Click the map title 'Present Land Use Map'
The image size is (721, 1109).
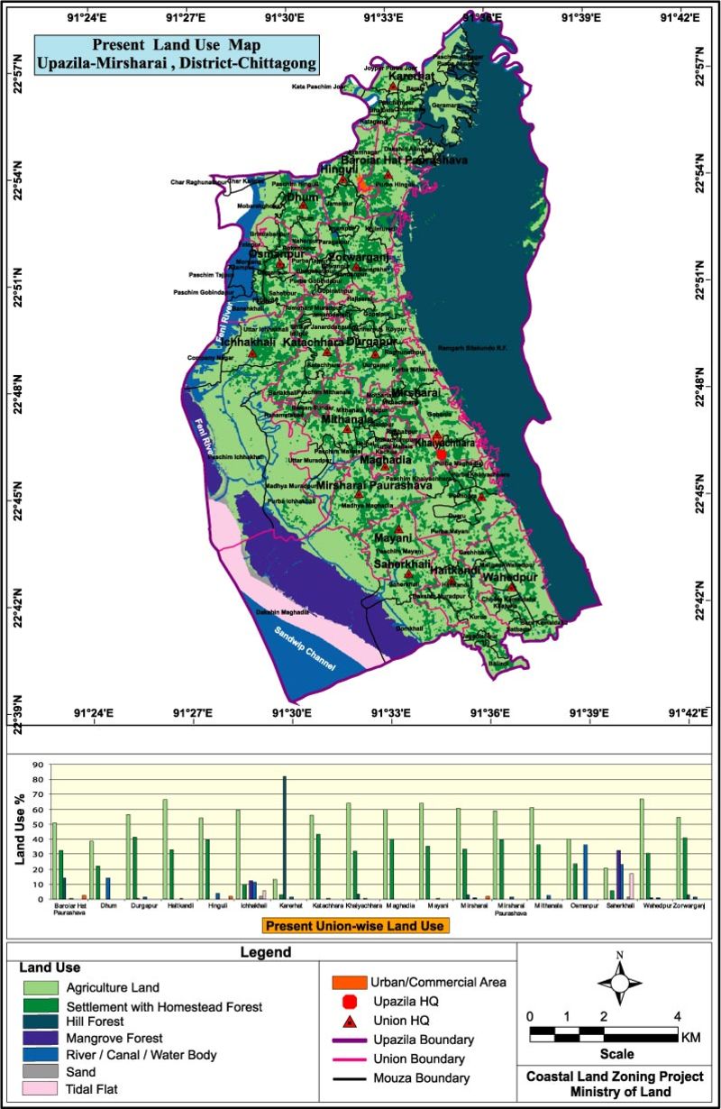(x=176, y=44)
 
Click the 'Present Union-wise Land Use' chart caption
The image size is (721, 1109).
(x=356, y=925)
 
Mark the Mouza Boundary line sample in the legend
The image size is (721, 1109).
(x=345, y=1077)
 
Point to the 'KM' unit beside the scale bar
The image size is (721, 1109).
(x=691, y=1038)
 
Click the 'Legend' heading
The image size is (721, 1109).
(x=266, y=951)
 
